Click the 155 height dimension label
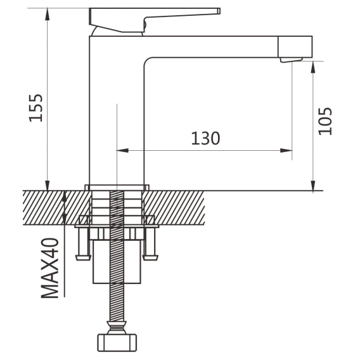(x=35, y=108)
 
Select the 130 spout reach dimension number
(x=205, y=138)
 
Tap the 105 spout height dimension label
(x=325, y=121)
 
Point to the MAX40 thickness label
(x=50, y=268)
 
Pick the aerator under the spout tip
(x=291, y=60)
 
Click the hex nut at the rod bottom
(x=117, y=343)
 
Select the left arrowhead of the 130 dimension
(x=122, y=151)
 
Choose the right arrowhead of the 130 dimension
(x=286, y=151)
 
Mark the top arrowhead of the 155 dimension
(x=48, y=14)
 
